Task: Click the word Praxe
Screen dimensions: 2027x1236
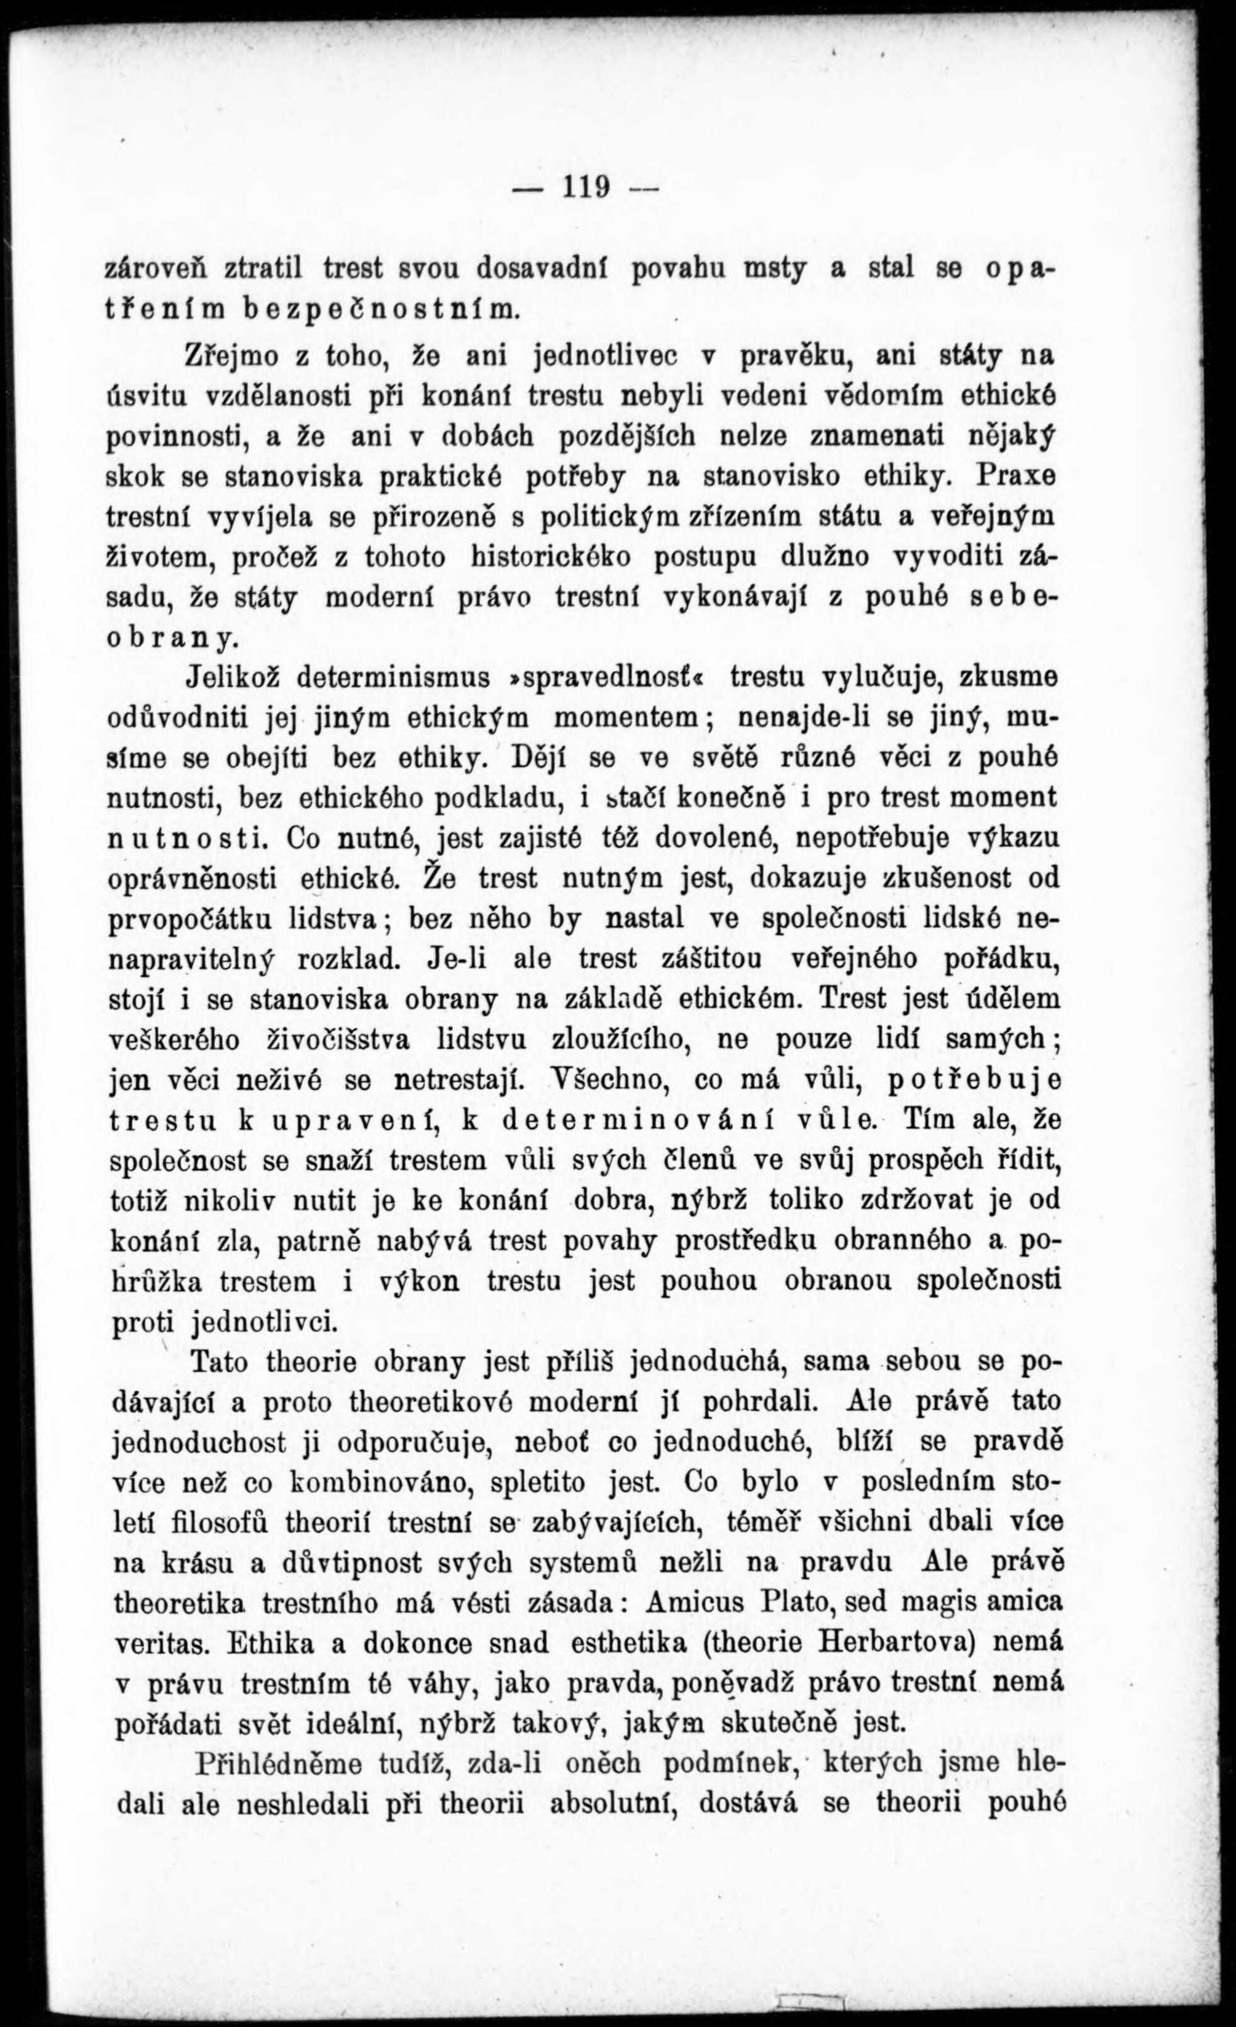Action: [1017, 476]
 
